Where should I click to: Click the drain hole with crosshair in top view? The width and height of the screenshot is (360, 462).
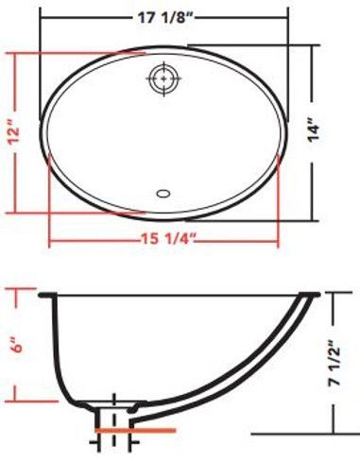coord(163,80)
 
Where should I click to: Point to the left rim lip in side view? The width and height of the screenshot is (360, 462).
coord(45,296)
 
